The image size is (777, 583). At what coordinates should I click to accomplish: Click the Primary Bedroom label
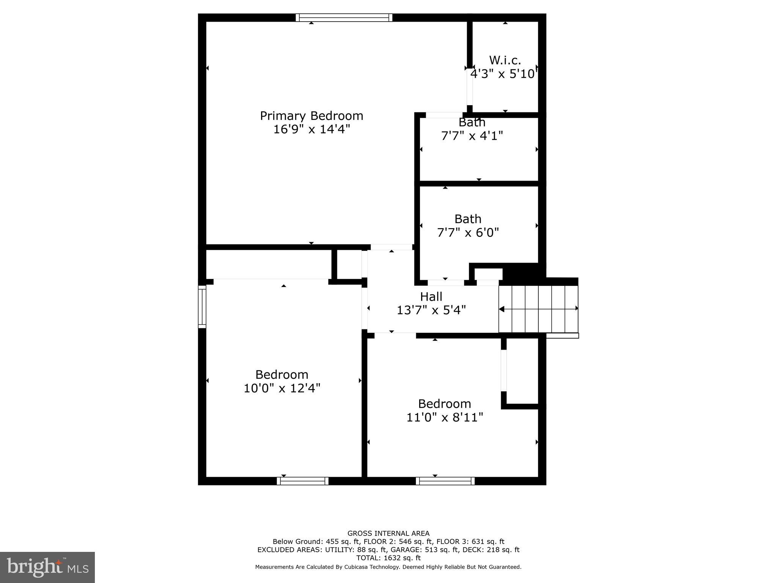(x=311, y=116)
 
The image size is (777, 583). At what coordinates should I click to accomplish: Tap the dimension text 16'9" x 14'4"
(x=311, y=129)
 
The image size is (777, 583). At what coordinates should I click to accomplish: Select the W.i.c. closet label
(x=505, y=60)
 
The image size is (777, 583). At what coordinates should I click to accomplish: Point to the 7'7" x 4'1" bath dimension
(x=472, y=136)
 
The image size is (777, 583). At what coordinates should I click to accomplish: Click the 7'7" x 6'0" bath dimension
(x=468, y=232)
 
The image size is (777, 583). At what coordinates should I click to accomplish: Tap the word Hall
(x=431, y=296)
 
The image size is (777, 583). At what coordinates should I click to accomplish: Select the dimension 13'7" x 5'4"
(x=431, y=310)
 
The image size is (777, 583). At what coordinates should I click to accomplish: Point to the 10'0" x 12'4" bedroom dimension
(x=282, y=388)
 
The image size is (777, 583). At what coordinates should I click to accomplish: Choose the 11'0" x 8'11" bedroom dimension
(x=445, y=418)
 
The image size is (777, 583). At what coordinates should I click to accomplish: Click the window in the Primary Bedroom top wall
(x=344, y=17)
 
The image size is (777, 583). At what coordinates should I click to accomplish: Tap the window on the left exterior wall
(x=202, y=307)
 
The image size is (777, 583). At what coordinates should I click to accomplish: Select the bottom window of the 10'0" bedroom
(x=302, y=481)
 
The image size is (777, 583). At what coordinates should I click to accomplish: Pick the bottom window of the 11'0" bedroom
(x=445, y=481)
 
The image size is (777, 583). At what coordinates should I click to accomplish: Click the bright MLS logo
(x=47, y=567)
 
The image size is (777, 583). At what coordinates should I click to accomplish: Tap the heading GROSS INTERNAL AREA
(x=388, y=534)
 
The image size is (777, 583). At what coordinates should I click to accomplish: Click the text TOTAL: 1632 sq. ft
(x=388, y=558)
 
